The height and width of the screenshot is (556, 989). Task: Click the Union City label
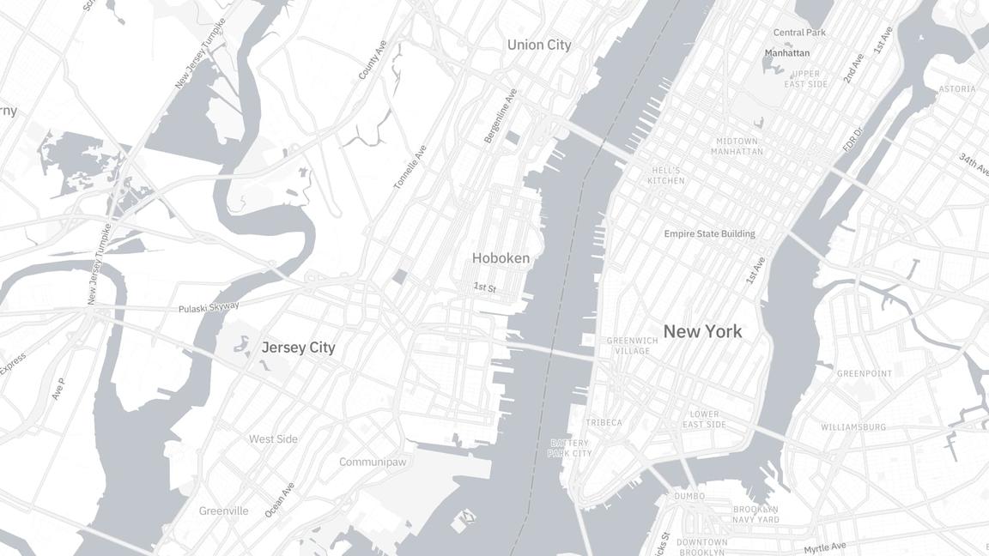(x=538, y=45)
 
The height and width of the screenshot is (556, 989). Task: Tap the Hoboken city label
(x=501, y=257)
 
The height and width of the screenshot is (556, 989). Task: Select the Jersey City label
(x=298, y=347)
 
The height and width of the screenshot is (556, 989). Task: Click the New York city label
(x=702, y=331)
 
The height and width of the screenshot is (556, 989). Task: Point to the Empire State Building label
(x=709, y=233)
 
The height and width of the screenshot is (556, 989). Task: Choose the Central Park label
(x=799, y=33)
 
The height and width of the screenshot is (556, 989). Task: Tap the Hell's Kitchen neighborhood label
(x=666, y=176)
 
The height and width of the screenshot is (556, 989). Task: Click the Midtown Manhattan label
(x=737, y=146)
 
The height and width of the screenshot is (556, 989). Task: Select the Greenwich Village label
(x=633, y=346)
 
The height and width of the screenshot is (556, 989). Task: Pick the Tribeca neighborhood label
(x=604, y=423)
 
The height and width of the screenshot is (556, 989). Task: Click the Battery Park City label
(x=570, y=448)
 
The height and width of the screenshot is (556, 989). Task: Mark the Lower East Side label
(x=704, y=420)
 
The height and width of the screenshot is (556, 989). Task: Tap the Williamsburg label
(x=853, y=427)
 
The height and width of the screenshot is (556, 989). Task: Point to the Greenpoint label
(x=865, y=374)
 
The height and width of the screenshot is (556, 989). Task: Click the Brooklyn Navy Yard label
(x=755, y=515)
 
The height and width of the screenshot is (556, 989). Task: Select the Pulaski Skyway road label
(x=209, y=307)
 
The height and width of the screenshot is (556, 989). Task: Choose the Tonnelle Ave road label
(x=410, y=166)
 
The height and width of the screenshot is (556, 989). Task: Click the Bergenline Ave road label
(x=501, y=116)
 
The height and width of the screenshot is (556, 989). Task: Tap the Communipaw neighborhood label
(x=373, y=462)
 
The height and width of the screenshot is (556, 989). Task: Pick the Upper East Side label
(x=806, y=79)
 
